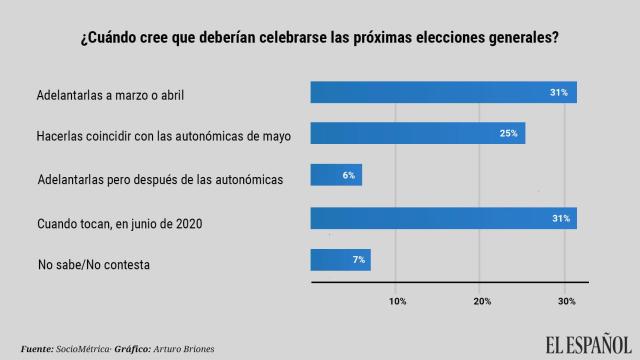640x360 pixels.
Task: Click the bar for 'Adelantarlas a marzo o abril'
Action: (x=443, y=92)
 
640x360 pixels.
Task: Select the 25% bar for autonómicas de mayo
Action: (x=418, y=133)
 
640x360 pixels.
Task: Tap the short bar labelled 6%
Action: (x=336, y=175)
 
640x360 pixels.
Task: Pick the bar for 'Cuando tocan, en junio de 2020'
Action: (x=443, y=218)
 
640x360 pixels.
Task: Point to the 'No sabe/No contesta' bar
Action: (x=341, y=260)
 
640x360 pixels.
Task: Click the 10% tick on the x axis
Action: (x=397, y=301)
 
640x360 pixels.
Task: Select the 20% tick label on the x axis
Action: (x=481, y=301)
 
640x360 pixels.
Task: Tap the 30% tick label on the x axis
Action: (x=566, y=301)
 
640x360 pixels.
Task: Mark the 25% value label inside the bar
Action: (x=509, y=133)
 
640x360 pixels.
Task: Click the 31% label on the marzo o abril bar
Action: (x=560, y=92)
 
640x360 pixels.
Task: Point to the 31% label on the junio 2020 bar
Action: (x=560, y=218)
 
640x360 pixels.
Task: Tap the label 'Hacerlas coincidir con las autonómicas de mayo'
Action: (x=163, y=137)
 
